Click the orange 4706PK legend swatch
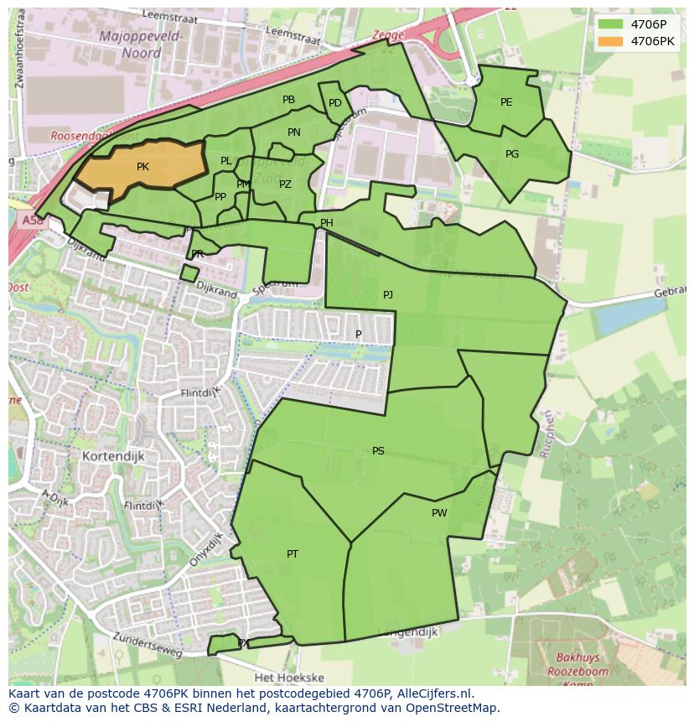pyautogui.click(x=611, y=41)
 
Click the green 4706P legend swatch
pyautogui.click(x=611, y=23)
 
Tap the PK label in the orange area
pyautogui.click(x=142, y=167)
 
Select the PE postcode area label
pyautogui.click(x=506, y=102)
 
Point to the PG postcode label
pyautogui.click(x=512, y=154)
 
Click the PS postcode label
pyautogui.click(x=378, y=451)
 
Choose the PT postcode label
pyautogui.click(x=293, y=554)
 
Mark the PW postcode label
pyautogui.click(x=439, y=513)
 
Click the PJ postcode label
pyautogui.click(x=387, y=295)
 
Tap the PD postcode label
pyautogui.click(x=334, y=103)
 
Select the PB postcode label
pyautogui.click(x=288, y=100)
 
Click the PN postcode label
pyautogui.click(x=293, y=132)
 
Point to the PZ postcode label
pyautogui.click(x=285, y=184)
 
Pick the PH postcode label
pyautogui.click(x=326, y=223)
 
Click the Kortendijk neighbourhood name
pyautogui.click(x=114, y=456)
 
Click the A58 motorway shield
pyautogui.click(x=30, y=221)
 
